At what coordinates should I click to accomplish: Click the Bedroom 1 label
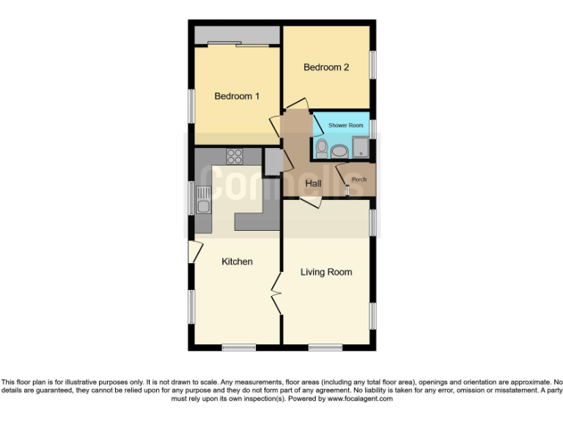[236, 96]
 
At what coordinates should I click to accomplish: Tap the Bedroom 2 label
[326, 67]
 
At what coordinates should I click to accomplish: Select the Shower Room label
[345, 126]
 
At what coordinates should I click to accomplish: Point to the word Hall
[313, 184]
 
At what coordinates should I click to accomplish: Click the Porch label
[358, 179]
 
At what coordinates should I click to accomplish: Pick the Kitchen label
[237, 262]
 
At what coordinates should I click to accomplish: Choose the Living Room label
[326, 272]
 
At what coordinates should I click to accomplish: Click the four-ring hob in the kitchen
[235, 155]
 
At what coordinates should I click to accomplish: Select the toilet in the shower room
[321, 149]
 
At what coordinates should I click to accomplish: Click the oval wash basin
[339, 152]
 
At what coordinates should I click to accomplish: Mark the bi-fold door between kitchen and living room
[276, 293]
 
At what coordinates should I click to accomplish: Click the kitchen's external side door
[194, 251]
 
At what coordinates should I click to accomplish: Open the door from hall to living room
[309, 203]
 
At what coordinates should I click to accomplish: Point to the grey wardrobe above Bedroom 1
[236, 34]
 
